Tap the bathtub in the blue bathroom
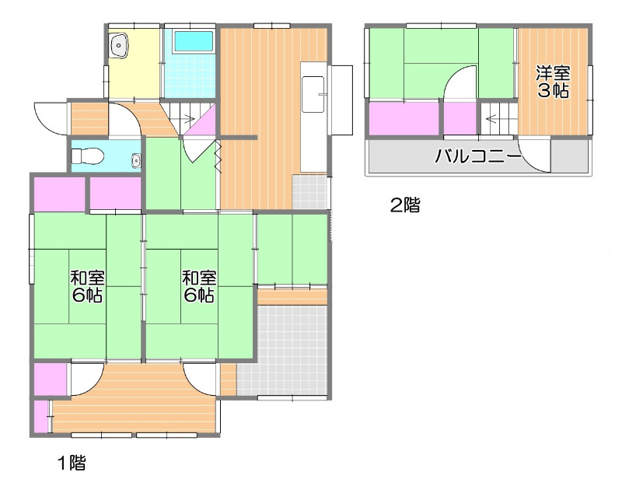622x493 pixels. [190, 41]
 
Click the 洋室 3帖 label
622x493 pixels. [554, 82]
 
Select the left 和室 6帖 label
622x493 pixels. [88, 286]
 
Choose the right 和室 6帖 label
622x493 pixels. [200, 286]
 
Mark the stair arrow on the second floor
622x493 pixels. [493, 118]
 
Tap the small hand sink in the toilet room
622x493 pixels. [136, 161]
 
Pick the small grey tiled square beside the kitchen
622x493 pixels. [310, 191]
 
